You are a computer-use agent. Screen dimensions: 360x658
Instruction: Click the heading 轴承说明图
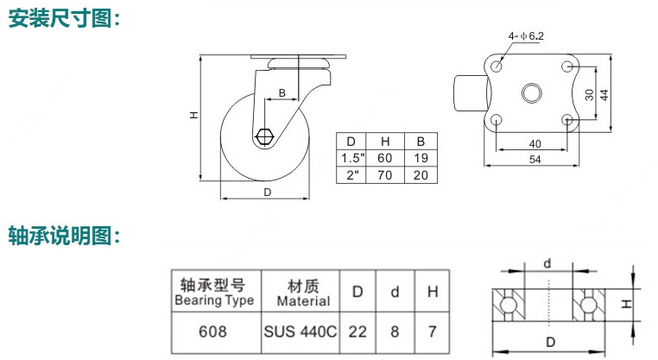pyautogui.click(x=63, y=233)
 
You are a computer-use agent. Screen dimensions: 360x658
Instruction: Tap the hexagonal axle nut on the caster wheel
pyautogui.click(x=266, y=136)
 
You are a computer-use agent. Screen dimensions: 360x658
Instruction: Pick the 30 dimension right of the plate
pyautogui.click(x=588, y=94)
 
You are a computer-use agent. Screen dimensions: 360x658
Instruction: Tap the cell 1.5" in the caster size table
pyautogui.click(x=351, y=158)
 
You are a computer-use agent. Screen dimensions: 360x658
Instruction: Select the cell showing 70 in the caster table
pyautogui.click(x=385, y=174)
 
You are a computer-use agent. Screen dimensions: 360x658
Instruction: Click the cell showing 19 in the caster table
pyautogui.click(x=421, y=158)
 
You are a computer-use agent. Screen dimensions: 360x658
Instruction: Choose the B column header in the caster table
pyautogui.click(x=421, y=142)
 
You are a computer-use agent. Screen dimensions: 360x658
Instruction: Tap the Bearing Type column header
pyautogui.click(x=213, y=293)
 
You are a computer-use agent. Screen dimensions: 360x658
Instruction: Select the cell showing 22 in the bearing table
pyautogui.click(x=357, y=331)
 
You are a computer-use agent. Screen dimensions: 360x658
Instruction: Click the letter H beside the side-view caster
pyautogui.click(x=195, y=114)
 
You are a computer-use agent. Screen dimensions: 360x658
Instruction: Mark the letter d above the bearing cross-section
pyautogui.click(x=547, y=262)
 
